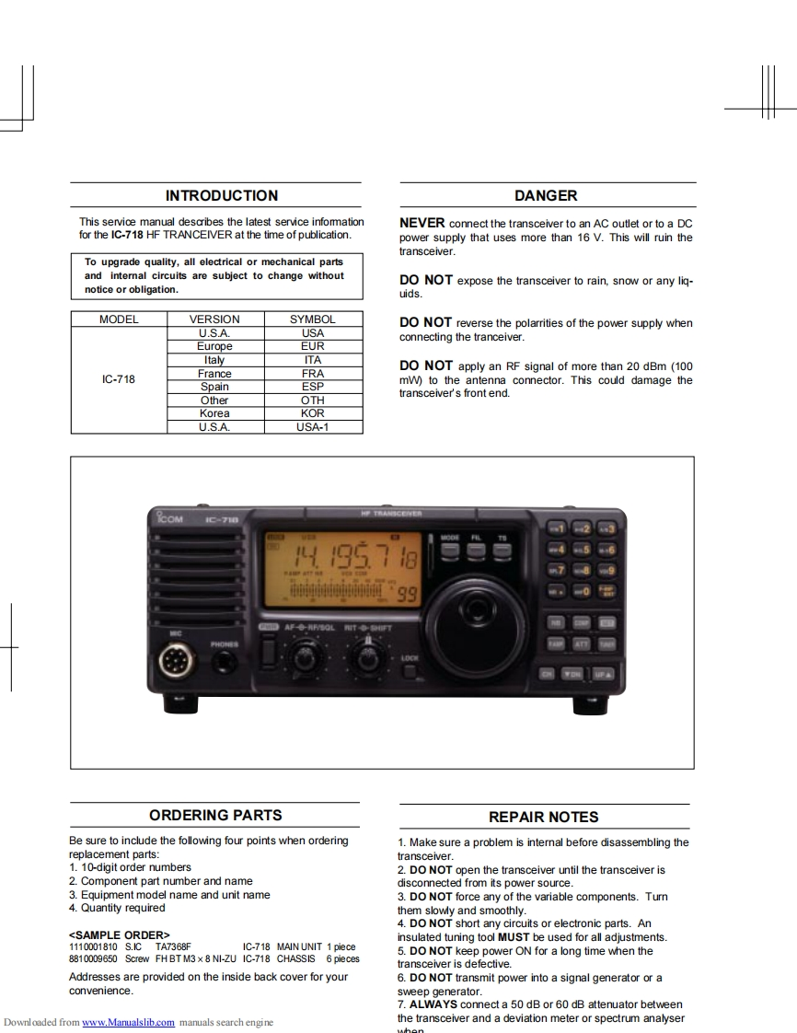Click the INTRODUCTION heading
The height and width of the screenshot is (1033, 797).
(221, 195)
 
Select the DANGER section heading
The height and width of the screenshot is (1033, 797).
(546, 195)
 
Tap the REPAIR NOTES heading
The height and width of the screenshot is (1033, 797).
(543, 817)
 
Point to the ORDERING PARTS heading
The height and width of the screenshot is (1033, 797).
(215, 815)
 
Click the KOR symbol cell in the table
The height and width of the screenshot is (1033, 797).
(313, 413)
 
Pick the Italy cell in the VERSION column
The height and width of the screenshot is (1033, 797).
(214, 360)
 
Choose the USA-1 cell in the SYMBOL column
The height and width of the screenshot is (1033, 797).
(313, 427)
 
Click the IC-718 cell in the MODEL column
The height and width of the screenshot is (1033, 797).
(119, 379)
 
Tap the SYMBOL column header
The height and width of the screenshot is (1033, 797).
(313, 319)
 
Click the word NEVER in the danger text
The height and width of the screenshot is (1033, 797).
(422, 223)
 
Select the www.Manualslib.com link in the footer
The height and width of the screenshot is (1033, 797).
(128, 1022)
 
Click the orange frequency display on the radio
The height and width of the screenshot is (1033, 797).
(342, 569)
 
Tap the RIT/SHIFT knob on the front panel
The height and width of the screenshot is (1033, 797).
(368, 658)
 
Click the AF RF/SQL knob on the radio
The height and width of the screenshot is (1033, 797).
(307, 658)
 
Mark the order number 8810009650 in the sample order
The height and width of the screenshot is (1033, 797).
(93, 958)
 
